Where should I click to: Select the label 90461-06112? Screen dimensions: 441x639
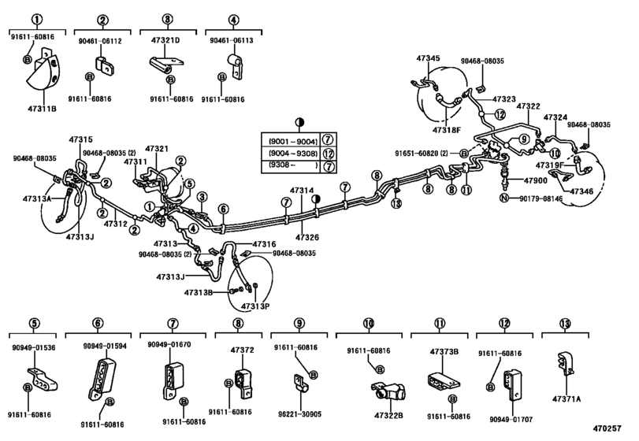pos(101,43)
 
